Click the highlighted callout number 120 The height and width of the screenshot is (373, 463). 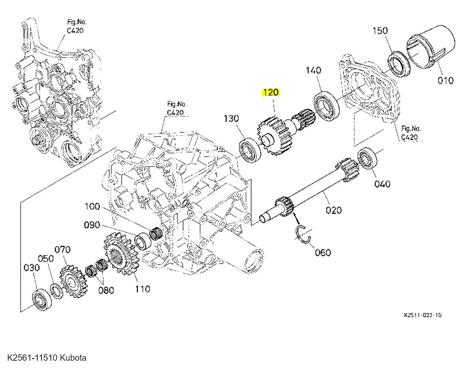pyautogui.click(x=271, y=93)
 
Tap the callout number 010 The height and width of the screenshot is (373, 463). pyautogui.click(x=445, y=80)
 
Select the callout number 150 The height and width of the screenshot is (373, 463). pyautogui.click(x=380, y=31)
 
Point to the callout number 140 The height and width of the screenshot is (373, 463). pyautogui.click(x=313, y=70)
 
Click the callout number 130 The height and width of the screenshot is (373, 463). pyautogui.click(x=231, y=119)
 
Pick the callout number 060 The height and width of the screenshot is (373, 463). pyautogui.click(x=322, y=253)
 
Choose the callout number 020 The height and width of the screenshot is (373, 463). pyautogui.click(x=333, y=210)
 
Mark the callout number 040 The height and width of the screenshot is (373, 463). pyautogui.click(x=382, y=184)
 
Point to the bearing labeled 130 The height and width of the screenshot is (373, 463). pyautogui.click(x=250, y=150)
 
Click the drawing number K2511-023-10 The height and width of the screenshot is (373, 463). pyautogui.click(x=422, y=315)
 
